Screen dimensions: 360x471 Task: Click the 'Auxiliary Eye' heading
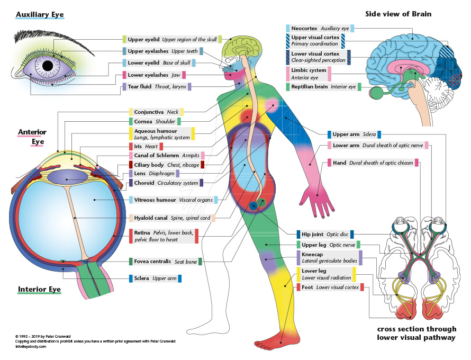click(x=40, y=14)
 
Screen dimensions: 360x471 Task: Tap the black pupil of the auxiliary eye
click(x=48, y=66)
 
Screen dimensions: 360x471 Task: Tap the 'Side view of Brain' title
click(x=398, y=14)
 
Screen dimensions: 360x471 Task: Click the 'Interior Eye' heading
click(x=39, y=290)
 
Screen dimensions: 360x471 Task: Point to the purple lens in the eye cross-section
click(x=67, y=177)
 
